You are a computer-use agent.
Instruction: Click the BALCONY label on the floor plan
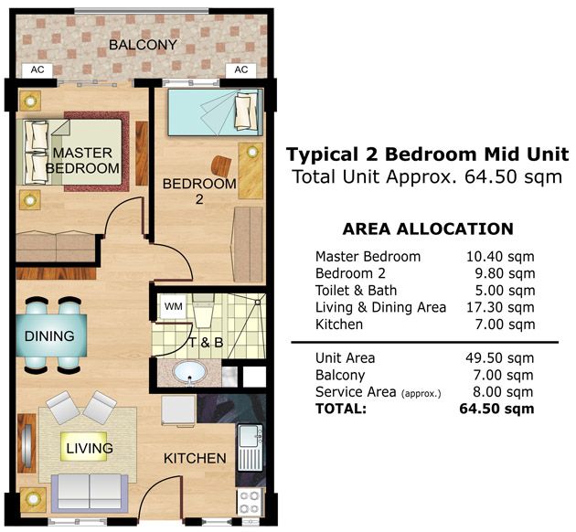[143, 45]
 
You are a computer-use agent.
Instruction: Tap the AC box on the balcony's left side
[37, 69]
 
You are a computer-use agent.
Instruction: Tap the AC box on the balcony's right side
[241, 69]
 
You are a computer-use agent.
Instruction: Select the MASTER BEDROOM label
[82, 161]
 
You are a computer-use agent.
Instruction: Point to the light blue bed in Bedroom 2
[215, 112]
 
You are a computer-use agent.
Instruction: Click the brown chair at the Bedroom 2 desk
[221, 165]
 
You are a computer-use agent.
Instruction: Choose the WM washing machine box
[173, 306]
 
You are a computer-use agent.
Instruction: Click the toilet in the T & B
[202, 310]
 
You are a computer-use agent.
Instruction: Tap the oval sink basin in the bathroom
[189, 372]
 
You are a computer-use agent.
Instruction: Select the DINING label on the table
[49, 336]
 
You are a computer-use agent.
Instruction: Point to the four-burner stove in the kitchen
[250, 502]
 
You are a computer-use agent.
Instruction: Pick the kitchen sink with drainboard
[251, 448]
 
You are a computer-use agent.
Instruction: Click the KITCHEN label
[195, 459]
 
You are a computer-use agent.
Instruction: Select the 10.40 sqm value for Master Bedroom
[500, 257]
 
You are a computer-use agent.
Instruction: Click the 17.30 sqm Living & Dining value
[500, 307]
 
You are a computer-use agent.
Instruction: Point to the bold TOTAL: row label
[341, 409]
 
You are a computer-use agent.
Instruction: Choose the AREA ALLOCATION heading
[428, 229]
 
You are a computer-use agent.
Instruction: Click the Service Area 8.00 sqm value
[503, 392]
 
